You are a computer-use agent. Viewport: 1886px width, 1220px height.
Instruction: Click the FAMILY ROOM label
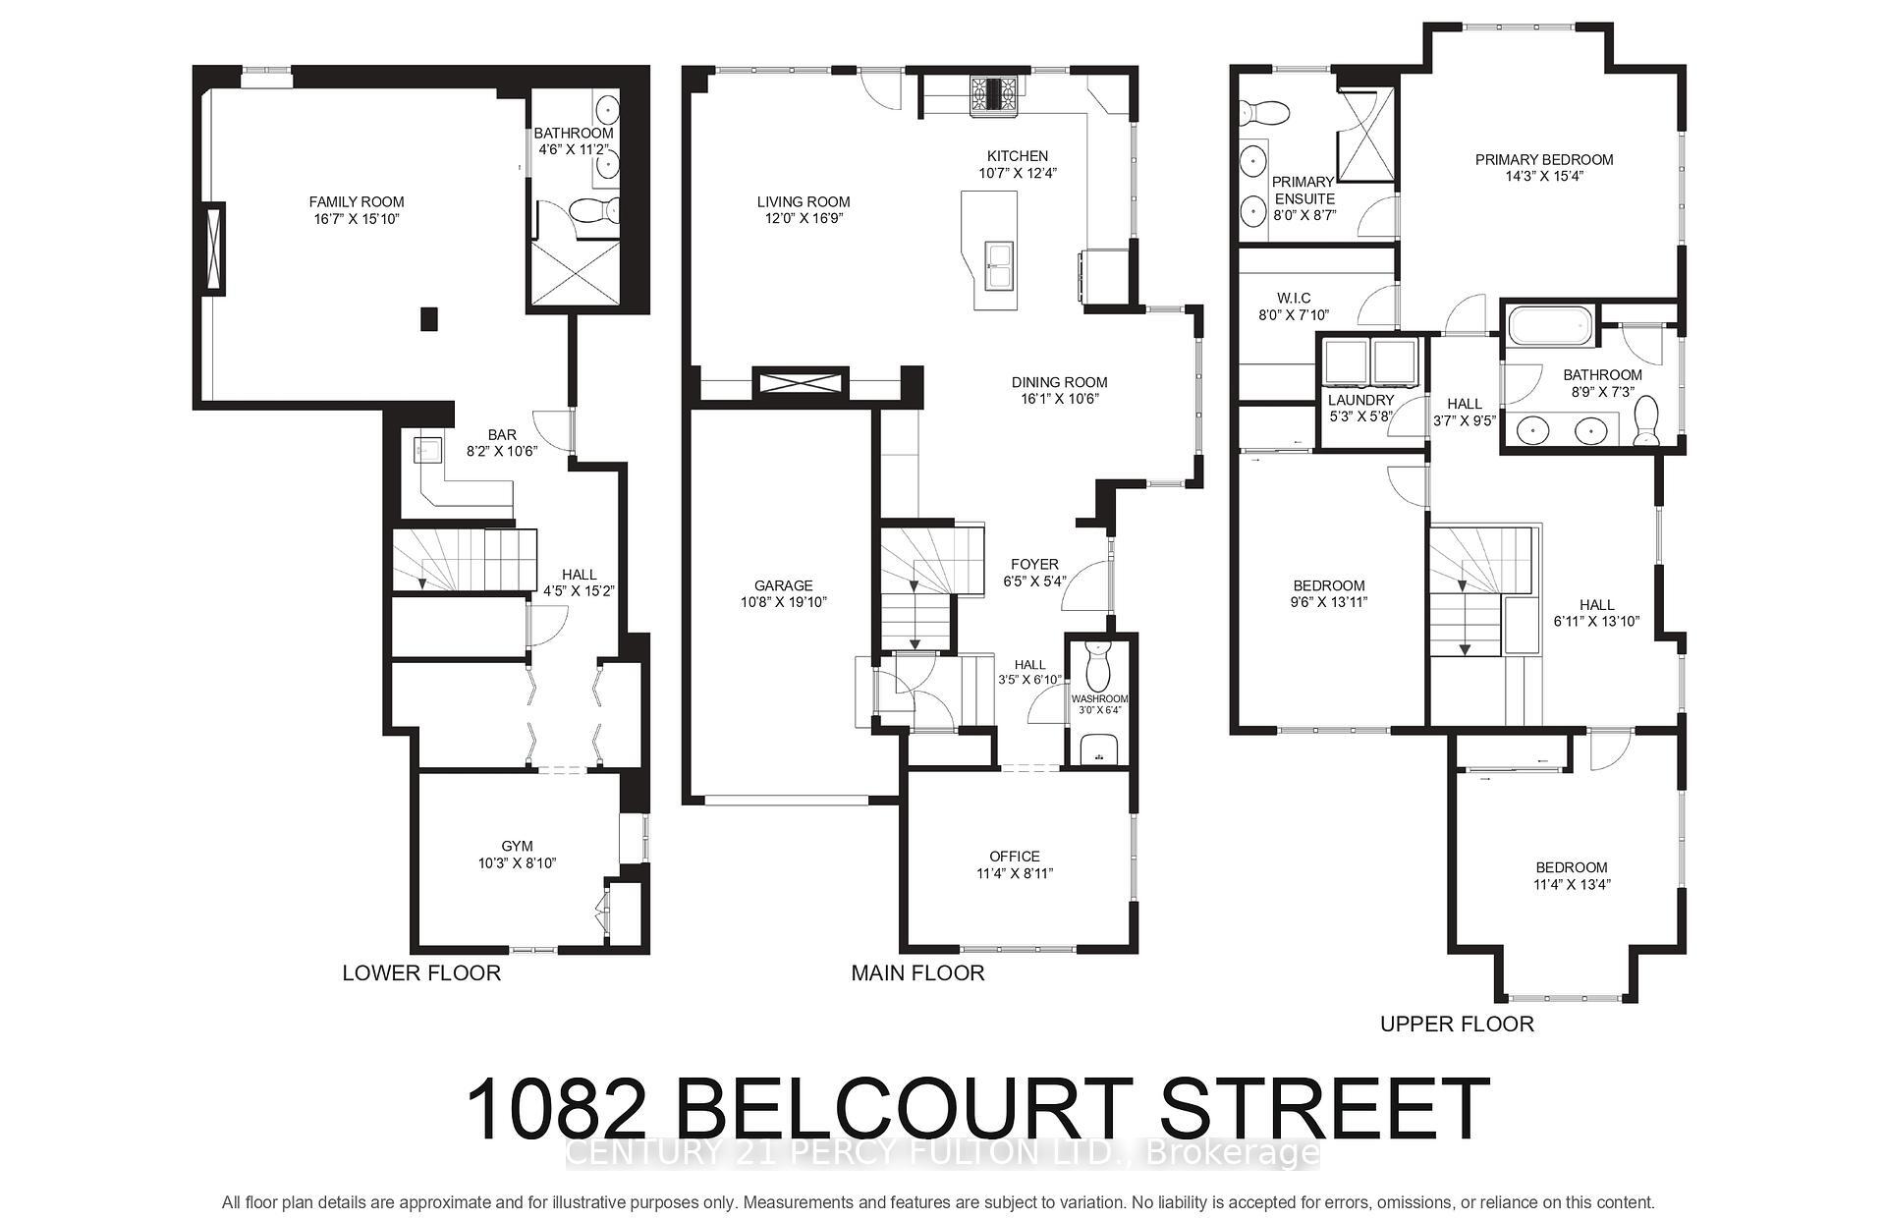click(357, 202)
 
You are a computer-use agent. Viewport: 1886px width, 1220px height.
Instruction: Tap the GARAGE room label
click(784, 585)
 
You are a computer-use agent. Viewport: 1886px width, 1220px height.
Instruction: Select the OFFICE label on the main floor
click(1015, 857)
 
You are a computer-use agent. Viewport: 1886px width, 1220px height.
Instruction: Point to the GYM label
click(517, 846)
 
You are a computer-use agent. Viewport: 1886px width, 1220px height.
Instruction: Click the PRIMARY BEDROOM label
click(1544, 160)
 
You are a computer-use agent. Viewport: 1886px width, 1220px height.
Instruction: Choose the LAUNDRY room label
click(1360, 400)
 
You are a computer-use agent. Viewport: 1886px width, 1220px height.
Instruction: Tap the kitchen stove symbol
click(997, 96)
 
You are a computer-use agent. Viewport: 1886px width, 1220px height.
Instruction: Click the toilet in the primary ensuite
click(1262, 114)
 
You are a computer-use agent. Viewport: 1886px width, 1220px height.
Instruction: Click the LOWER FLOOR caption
click(421, 973)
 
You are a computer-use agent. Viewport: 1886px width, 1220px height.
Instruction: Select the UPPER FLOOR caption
click(1457, 1025)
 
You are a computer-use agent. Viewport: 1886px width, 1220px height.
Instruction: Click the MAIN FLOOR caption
click(917, 973)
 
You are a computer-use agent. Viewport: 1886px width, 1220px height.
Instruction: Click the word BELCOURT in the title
click(903, 1110)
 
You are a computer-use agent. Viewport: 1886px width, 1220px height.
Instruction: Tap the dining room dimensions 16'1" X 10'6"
click(1060, 399)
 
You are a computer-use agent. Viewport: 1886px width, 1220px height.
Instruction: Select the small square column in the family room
click(428, 319)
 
